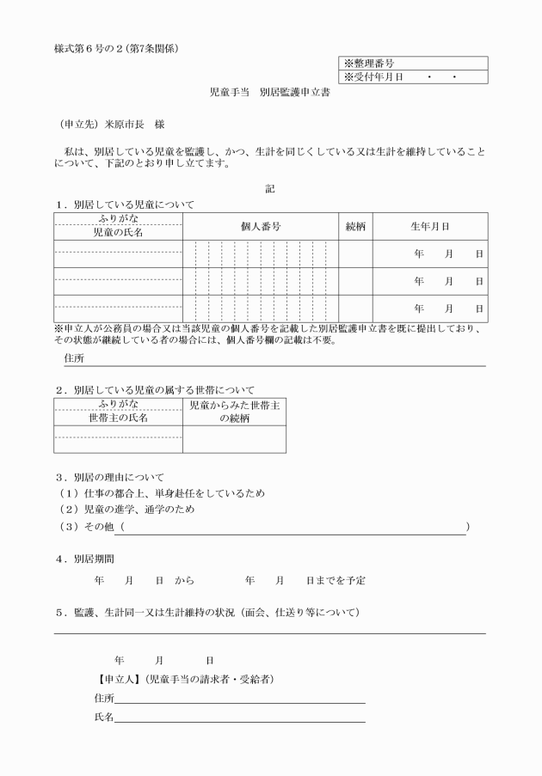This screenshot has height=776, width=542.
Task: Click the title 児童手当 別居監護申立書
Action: click(x=271, y=92)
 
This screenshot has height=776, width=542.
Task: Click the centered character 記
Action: click(x=271, y=187)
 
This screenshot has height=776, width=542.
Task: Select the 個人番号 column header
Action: click(x=260, y=226)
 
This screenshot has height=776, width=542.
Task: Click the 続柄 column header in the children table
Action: click(x=354, y=226)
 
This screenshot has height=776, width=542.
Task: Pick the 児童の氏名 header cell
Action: click(x=118, y=232)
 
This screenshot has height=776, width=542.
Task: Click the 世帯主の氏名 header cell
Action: click(x=118, y=418)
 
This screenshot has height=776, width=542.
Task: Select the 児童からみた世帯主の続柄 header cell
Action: click(x=234, y=411)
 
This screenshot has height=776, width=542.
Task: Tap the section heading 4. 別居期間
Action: click(x=85, y=557)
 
